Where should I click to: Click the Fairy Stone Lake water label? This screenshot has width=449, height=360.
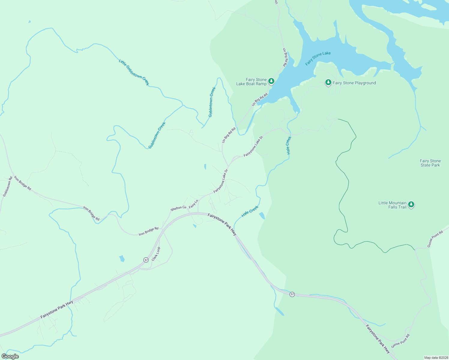pyautogui.click(x=318, y=58)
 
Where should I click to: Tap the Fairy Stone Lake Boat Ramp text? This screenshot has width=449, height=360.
pyautogui.click(x=252, y=82)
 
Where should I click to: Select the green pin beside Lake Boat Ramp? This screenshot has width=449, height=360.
pyautogui.click(x=271, y=81)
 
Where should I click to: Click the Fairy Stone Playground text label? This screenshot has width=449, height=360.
pyautogui.click(x=354, y=83)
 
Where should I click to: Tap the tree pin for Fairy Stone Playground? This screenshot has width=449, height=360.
pyautogui.click(x=328, y=82)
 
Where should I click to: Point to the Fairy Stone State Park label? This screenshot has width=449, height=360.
pyautogui.click(x=430, y=163)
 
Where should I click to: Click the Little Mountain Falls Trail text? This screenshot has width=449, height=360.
pyautogui.click(x=392, y=205)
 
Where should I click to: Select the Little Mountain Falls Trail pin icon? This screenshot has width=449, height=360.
pyautogui.click(x=411, y=205)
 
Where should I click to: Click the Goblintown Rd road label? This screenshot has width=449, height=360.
pyautogui.click(x=7, y=187)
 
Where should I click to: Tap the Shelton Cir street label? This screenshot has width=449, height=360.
pyautogui.click(x=178, y=208)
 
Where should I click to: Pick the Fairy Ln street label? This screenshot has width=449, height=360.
pyautogui.click(x=194, y=204)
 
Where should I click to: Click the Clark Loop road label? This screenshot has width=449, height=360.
pyautogui.click(x=156, y=254)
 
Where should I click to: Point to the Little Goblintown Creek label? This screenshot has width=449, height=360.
pyautogui.click(x=134, y=72)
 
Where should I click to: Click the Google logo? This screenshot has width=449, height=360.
pyautogui.click(x=10, y=356)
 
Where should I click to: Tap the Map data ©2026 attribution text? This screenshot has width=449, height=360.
pyautogui.click(x=436, y=358)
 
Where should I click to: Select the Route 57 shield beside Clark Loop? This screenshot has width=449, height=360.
pyautogui.click(x=146, y=260)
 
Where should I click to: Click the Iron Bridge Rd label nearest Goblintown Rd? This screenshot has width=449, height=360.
pyautogui.click(x=23, y=183)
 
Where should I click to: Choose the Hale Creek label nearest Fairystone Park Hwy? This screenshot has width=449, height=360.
pyautogui.click(x=250, y=211)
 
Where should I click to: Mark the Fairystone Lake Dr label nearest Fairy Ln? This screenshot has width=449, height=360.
pyautogui.click(x=221, y=181)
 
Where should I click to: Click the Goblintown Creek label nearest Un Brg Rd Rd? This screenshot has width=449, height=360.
pyautogui.click(x=212, y=102)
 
